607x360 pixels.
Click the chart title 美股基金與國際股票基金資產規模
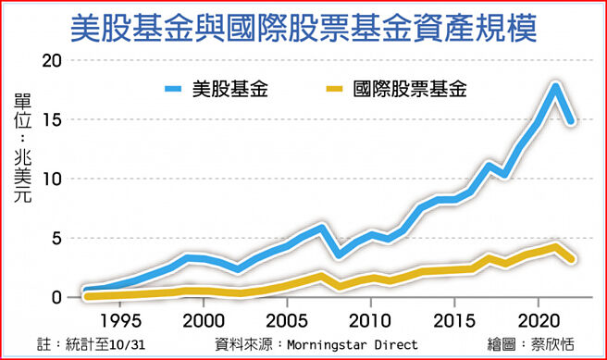pyautogui.click(x=303, y=26)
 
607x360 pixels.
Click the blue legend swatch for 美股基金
pyautogui.click(x=174, y=90)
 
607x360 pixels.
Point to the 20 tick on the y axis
pyautogui.click(x=52, y=61)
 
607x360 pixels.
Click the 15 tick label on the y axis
pyautogui.click(x=52, y=120)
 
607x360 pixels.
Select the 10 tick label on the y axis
pyautogui.click(x=52, y=179)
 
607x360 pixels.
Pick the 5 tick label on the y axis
pyautogui.click(x=57, y=238)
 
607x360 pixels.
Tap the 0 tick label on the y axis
pyautogui.click(x=57, y=297)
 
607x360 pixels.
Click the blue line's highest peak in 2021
pyautogui.click(x=554, y=86)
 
